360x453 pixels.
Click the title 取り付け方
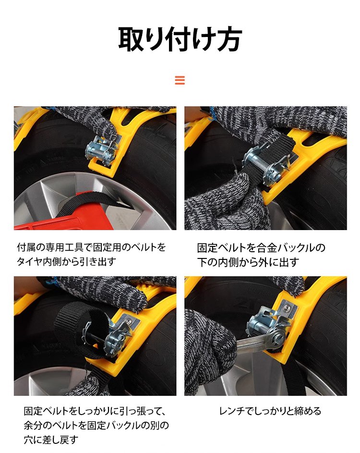tap(180, 39)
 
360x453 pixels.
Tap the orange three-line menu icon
tap(180, 80)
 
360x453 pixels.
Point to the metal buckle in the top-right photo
tap(265, 165)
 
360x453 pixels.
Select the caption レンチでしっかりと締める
tap(270, 411)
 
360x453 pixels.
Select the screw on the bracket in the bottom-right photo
tap(286, 309)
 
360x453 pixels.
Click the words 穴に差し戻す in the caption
tap(51, 440)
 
